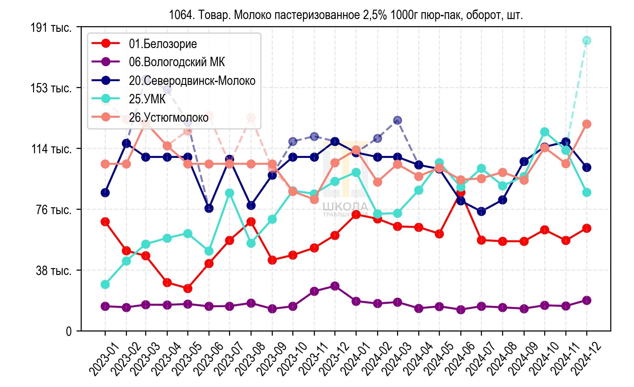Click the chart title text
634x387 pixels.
pos(346,15)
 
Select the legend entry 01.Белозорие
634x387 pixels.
pos(163,44)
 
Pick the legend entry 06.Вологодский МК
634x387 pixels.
pos(177,62)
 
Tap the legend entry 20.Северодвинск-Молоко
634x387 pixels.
pos(192,81)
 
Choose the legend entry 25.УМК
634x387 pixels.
pos(147,99)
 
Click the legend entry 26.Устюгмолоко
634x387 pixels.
pos(169,118)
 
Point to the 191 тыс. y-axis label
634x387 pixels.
pos(51,28)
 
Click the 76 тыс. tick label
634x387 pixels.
pos(54,210)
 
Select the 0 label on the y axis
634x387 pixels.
pos(69,331)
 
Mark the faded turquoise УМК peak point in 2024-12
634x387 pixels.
pos(587,40)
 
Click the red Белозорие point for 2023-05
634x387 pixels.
pos(188,289)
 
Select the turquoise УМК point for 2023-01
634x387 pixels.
pos(105,284)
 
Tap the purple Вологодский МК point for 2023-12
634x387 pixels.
pos(335,286)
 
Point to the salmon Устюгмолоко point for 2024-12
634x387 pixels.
pos(587,124)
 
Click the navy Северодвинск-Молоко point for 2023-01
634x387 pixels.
pos(105,193)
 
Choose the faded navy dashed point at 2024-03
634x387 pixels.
pos(397,120)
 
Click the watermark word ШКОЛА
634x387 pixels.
pos(345,206)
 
